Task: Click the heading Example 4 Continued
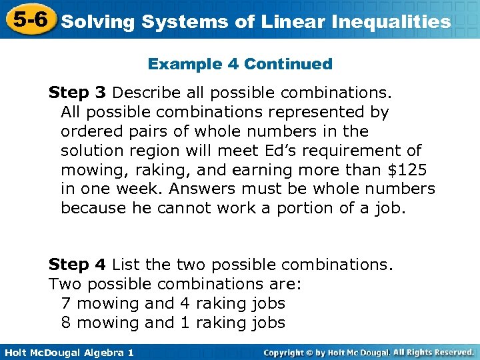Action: tap(240, 64)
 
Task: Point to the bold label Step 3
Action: tap(77, 93)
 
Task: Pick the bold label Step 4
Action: tap(77, 265)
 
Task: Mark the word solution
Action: tap(89, 151)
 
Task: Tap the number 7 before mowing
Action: tap(65, 303)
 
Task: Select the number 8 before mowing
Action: tap(65, 323)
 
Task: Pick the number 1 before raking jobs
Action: tap(185, 323)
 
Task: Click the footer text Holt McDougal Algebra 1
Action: tap(67, 352)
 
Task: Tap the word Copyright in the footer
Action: tap(290, 352)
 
